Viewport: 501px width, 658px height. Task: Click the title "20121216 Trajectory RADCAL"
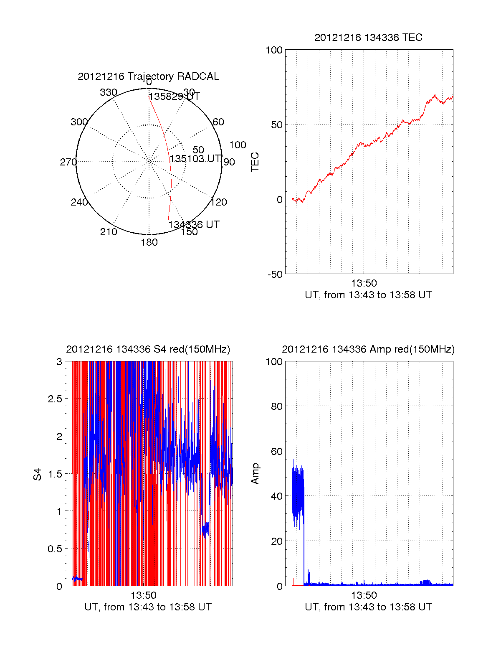[x=148, y=76]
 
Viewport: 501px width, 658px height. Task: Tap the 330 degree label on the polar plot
[x=108, y=92]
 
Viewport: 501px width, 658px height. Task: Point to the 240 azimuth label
[x=79, y=202]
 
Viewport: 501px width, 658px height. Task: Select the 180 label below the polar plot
[x=149, y=242]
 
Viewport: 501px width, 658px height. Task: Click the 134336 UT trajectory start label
[x=194, y=225]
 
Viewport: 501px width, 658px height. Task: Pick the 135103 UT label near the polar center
[x=195, y=159]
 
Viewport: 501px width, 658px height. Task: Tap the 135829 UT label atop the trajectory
[x=175, y=97]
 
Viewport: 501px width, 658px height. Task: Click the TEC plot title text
[x=368, y=38]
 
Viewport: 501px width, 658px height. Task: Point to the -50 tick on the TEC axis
[x=275, y=274]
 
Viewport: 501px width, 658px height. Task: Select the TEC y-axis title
[x=255, y=162]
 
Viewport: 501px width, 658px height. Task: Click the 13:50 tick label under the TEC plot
[x=364, y=284]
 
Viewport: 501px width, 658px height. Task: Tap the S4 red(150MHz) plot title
[x=148, y=349]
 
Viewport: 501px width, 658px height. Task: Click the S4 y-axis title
[x=38, y=474]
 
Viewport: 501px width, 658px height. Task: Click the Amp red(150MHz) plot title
[x=368, y=349]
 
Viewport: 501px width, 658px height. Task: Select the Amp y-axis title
[x=255, y=474]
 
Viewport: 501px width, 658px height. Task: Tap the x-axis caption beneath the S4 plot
[x=148, y=607]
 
